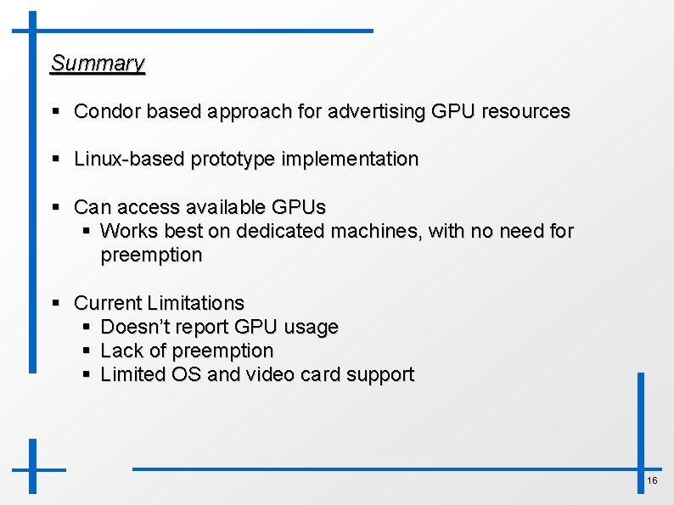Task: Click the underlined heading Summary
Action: point(98,64)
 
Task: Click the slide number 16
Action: point(652,481)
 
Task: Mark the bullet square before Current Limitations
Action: point(55,303)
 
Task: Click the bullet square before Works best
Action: point(86,231)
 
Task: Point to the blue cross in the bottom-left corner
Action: point(33,468)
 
